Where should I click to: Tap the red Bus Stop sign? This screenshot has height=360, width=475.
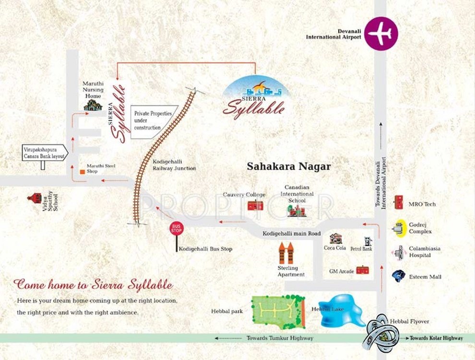[x=177, y=228]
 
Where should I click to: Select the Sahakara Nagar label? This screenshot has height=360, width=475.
[x=289, y=167]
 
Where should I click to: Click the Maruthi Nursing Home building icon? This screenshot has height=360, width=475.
[x=93, y=104]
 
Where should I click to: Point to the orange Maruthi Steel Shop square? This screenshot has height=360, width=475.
[x=83, y=171]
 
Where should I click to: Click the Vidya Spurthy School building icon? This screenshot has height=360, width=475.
[x=34, y=199]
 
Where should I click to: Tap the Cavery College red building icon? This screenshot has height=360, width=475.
[x=254, y=205]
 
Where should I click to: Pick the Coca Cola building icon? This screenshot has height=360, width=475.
[x=334, y=239]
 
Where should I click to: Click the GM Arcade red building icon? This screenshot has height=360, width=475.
[x=363, y=271]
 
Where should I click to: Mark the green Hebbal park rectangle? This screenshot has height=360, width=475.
[x=278, y=311]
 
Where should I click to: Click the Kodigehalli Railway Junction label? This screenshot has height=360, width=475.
[x=174, y=165]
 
